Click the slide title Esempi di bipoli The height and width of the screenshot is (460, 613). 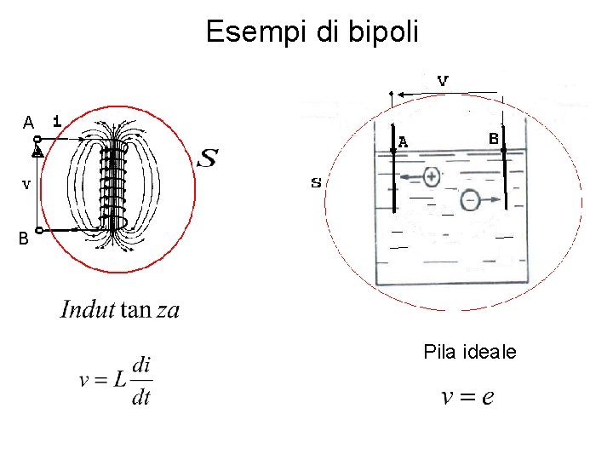(312, 32)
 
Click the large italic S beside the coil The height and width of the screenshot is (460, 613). (207, 158)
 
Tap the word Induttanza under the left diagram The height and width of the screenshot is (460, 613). (120, 309)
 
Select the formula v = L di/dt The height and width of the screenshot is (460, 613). (116, 381)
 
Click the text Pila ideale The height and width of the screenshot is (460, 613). (469, 352)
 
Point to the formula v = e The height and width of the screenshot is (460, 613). (467, 397)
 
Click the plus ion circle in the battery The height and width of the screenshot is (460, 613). (432, 176)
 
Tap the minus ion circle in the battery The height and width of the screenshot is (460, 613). (470, 199)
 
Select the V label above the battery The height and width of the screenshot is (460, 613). (443, 81)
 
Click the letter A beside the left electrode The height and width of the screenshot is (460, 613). (403, 142)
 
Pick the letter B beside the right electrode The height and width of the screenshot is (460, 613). (493, 137)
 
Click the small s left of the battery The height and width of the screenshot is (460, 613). (316, 183)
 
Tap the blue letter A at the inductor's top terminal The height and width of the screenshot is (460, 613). (28, 123)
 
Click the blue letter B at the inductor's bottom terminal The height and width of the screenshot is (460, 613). (25, 239)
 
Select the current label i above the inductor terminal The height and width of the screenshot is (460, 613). (56, 121)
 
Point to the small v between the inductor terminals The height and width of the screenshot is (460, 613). (26, 183)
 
